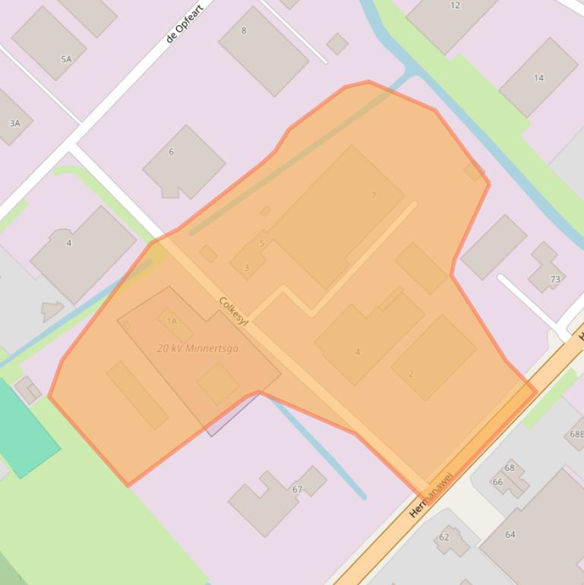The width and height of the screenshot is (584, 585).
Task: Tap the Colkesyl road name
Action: click(x=233, y=311)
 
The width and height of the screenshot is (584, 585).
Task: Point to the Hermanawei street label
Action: click(x=431, y=494)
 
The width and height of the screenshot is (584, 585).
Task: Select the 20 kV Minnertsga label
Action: click(x=197, y=349)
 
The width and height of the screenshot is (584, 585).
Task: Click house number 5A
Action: click(x=66, y=59)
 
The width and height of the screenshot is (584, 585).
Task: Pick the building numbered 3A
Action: click(x=14, y=123)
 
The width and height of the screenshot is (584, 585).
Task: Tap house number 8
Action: click(x=244, y=31)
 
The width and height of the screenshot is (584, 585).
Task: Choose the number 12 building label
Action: click(x=455, y=5)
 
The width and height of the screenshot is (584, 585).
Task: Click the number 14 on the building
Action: click(x=538, y=77)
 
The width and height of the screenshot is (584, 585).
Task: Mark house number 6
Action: click(x=171, y=152)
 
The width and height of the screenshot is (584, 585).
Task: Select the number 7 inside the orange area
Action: click(x=374, y=195)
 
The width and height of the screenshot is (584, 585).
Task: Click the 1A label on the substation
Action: click(x=172, y=321)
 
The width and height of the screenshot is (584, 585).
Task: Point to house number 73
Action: click(x=555, y=280)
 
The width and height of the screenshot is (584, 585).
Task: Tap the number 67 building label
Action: click(x=297, y=489)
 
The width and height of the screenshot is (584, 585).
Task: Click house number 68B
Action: click(x=576, y=435)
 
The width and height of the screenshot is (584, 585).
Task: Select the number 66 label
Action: click(x=497, y=482)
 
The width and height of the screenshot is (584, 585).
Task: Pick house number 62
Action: click(x=444, y=537)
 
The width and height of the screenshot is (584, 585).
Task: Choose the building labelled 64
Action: click(x=510, y=534)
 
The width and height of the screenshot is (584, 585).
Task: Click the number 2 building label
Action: click(x=411, y=374)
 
